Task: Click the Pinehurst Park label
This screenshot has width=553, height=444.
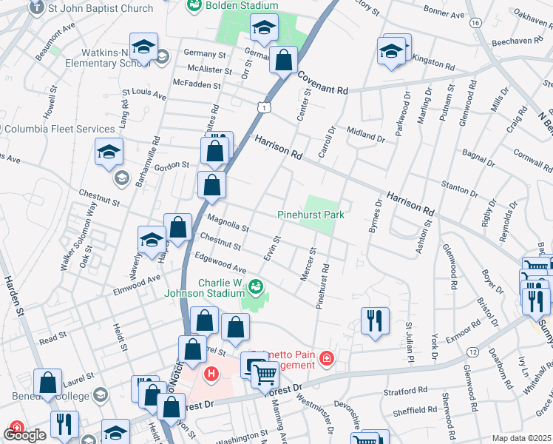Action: [x=311, y=215]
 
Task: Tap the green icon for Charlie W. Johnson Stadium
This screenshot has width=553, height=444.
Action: [x=256, y=285]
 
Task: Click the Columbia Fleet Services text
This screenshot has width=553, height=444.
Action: [x=60, y=129]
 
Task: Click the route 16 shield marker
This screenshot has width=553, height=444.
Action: [x=474, y=23]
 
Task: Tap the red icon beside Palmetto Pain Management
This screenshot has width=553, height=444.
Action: [x=326, y=360]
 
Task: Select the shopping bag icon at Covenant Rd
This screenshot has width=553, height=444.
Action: [x=283, y=61]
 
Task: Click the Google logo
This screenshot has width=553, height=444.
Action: [x=24, y=435]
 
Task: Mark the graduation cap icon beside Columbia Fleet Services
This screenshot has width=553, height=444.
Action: [x=109, y=152]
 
